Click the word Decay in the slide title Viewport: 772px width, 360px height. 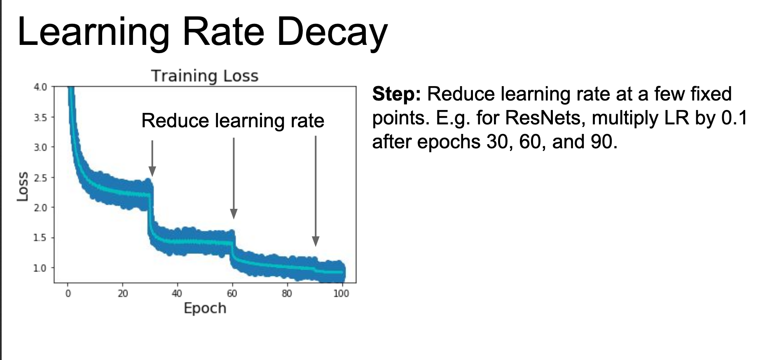pos(332,32)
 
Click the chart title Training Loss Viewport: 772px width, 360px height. pos(205,76)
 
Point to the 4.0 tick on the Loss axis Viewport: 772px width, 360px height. pos(40,87)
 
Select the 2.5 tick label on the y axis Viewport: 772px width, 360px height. pos(40,178)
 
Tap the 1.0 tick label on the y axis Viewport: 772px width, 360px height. pos(40,268)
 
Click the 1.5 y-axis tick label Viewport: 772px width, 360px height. pos(40,238)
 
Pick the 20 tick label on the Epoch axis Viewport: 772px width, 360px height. pos(123,293)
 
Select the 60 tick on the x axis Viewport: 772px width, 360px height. pos(232,293)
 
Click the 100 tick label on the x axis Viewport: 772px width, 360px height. pos(341,293)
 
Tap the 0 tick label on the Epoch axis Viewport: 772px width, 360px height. pos(68,293)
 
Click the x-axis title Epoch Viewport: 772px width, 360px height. pos(205,309)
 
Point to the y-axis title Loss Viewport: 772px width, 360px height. pos(23,186)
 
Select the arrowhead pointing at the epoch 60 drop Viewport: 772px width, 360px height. pos(234,214)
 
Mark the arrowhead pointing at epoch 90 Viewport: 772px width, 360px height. pos(316,241)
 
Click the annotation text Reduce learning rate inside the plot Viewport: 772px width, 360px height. pos(233,121)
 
